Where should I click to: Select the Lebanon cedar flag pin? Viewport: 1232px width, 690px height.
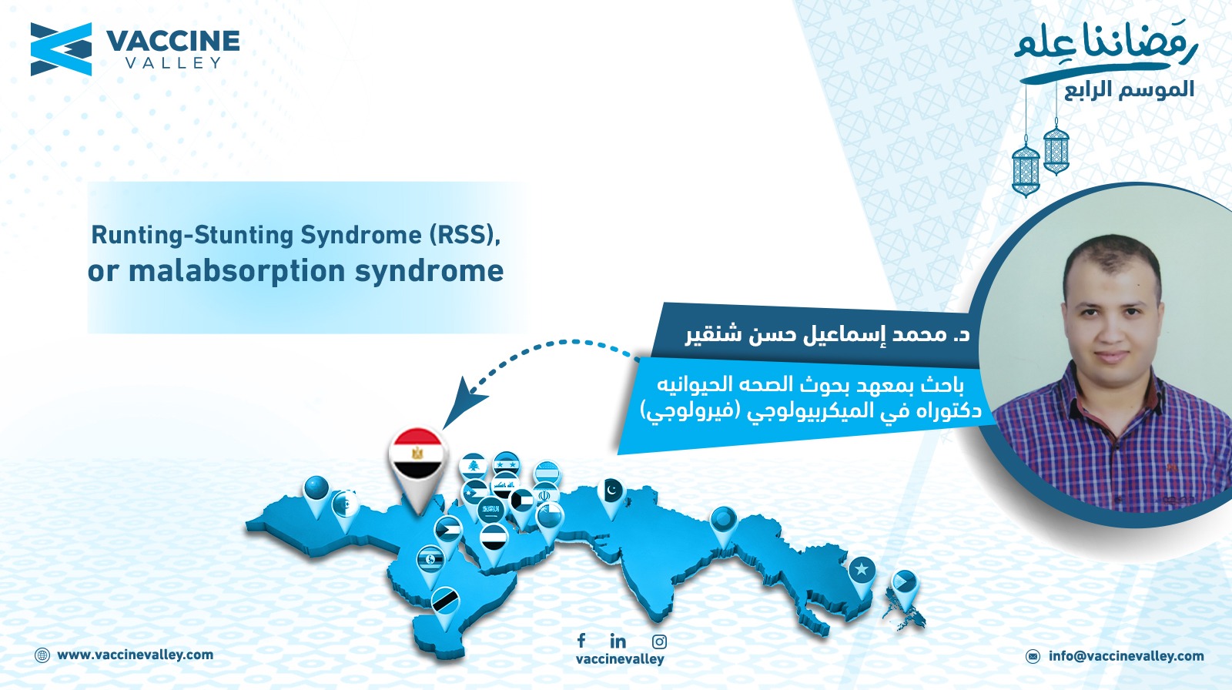(473, 467)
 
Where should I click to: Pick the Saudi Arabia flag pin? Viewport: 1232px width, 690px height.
(490, 511)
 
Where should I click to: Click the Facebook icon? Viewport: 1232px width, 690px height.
(581, 640)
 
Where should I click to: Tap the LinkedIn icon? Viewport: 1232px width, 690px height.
(618, 641)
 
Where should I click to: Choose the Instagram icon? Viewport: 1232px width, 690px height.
(659, 641)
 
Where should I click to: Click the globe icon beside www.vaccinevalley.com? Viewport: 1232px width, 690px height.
(42, 655)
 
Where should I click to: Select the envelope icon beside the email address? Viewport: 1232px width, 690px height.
(1033, 656)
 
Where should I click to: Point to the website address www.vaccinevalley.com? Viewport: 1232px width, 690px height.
(136, 655)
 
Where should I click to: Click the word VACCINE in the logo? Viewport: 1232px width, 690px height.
(172, 42)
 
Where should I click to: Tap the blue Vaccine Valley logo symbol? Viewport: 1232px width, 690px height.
(61, 49)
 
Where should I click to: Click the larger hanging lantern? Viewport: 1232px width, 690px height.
(1026, 169)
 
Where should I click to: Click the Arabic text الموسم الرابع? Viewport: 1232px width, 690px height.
(1129, 89)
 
